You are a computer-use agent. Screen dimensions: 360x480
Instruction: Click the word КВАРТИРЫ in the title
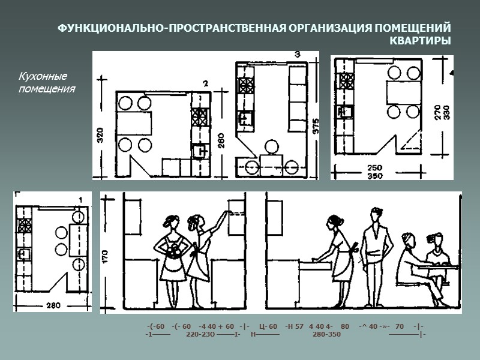[x=420, y=41]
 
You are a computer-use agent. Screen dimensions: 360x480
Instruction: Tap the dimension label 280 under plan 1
[x=53, y=306]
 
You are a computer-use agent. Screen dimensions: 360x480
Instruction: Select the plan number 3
[x=298, y=55]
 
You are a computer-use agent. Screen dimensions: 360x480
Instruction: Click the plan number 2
[x=205, y=83]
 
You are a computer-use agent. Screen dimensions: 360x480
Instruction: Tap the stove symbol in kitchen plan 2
[x=199, y=116]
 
